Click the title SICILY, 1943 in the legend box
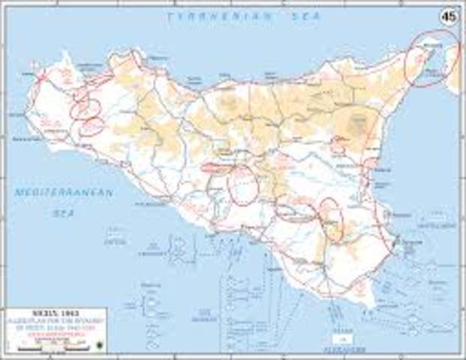[53, 312]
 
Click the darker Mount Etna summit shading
[356, 120]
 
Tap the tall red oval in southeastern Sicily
[331, 218]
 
